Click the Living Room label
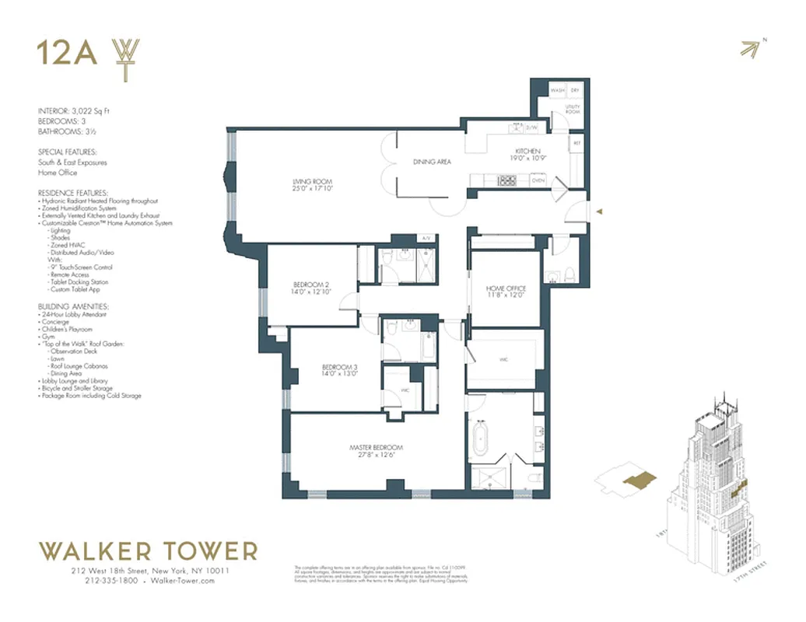coord(307,178)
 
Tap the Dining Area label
coord(432,162)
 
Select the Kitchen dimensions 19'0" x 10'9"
coord(527,159)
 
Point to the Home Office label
coord(506,288)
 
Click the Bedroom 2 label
coord(312,284)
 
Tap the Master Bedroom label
coord(376,447)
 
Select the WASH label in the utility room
coord(558,90)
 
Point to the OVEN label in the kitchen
coord(538,180)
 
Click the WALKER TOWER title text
coord(148,551)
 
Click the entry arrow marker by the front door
coord(597,210)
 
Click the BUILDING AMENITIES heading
coord(73,307)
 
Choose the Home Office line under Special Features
coord(58,173)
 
